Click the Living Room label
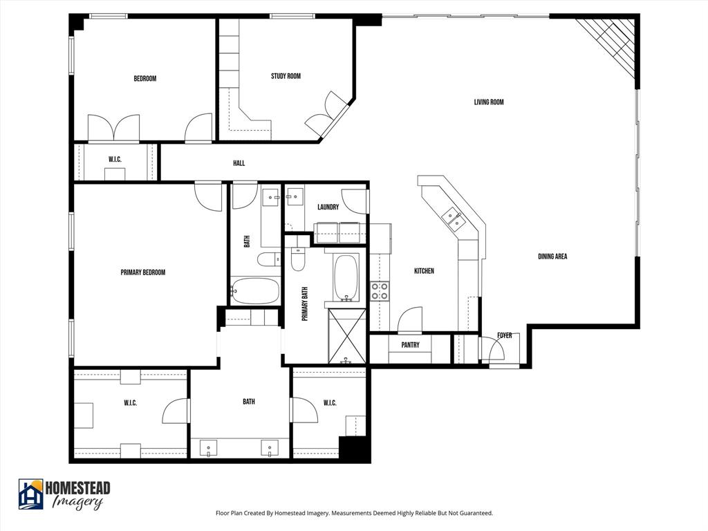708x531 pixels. [x=488, y=102]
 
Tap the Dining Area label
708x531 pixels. [x=552, y=257]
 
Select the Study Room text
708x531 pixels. [x=286, y=76]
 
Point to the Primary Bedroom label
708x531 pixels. [x=143, y=272]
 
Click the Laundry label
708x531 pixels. [x=328, y=207]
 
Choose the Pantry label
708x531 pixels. [x=411, y=345]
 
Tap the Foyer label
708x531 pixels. [x=505, y=335]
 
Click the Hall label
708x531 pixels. [x=239, y=163]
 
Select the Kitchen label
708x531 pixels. [x=424, y=271]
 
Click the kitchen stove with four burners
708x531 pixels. [x=380, y=291]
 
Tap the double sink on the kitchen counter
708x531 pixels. [x=454, y=218]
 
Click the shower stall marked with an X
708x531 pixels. [x=347, y=336]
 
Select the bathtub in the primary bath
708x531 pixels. [x=346, y=277]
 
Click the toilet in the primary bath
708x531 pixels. [x=298, y=257]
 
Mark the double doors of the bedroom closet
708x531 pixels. [x=114, y=129]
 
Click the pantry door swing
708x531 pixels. [x=409, y=319]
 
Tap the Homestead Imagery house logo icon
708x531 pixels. [x=30, y=494]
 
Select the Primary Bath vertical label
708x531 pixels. [x=304, y=304]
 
